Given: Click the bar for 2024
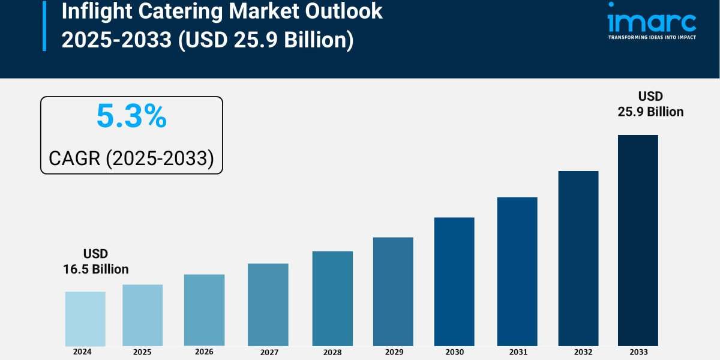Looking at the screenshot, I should pyautogui.click(x=85, y=319).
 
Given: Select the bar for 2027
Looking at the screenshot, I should pyautogui.click(x=268, y=305).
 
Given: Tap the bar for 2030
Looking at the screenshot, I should pyautogui.click(x=454, y=281).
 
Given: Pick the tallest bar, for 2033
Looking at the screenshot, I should pyautogui.click(x=638, y=240).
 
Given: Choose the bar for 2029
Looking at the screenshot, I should pyautogui.click(x=393, y=292).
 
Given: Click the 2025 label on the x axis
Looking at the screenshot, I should pyautogui.click(x=142, y=352).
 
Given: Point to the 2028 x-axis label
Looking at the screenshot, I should pyautogui.click(x=332, y=352).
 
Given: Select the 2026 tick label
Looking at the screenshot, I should pyautogui.click(x=204, y=352).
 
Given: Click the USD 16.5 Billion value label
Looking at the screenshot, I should pyautogui.click(x=96, y=262).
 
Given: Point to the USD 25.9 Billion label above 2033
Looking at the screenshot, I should pyautogui.click(x=650, y=104).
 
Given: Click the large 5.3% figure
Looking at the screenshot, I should pyautogui.click(x=131, y=117).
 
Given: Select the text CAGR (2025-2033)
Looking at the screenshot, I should pyautogui.click(x=131, y=158).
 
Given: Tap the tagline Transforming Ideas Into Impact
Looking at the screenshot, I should pyautogui.click(x=652, y=37).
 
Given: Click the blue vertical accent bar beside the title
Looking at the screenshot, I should pyautogui.click(x=44, y=25).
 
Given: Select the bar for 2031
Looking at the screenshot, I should pyautogui.click(x=517, y=271).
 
